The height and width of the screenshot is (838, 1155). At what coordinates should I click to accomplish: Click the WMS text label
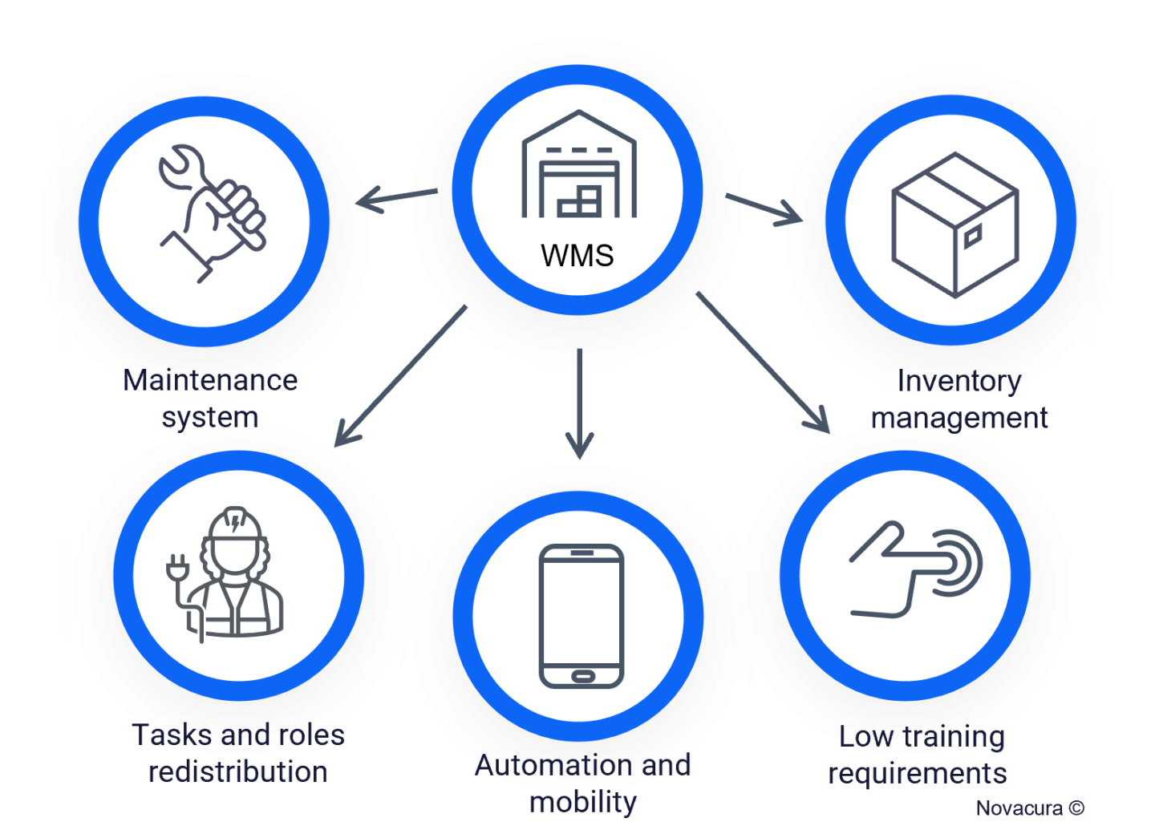pos(577,256)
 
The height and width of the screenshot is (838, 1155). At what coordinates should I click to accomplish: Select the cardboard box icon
pos(954,225)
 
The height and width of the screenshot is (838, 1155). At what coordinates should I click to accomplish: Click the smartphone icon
pos(582,616)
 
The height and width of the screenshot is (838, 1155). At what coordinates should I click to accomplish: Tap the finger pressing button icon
pos(914,570)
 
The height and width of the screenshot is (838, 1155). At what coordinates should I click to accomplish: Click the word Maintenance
pos(210,380)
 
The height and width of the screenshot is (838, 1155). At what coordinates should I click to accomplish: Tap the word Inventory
pos(959,381)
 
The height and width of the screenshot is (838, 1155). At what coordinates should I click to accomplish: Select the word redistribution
pos(237,772)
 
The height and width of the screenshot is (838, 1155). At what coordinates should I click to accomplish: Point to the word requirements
pos(918,774)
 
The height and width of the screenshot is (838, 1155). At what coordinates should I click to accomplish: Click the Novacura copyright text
pos(1030,808)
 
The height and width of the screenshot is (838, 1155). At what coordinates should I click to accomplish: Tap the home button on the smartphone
pos(582,677)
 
